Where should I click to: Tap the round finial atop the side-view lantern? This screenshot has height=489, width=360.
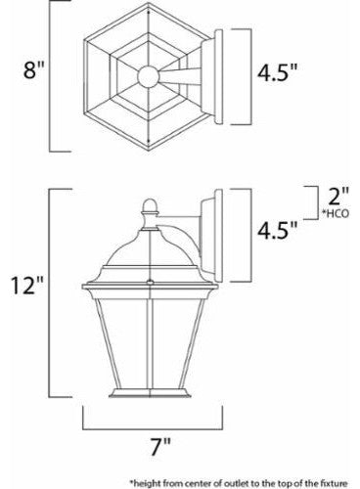click(x=147, y=207)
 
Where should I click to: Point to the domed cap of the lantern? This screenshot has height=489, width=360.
click(x=147, y=244)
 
